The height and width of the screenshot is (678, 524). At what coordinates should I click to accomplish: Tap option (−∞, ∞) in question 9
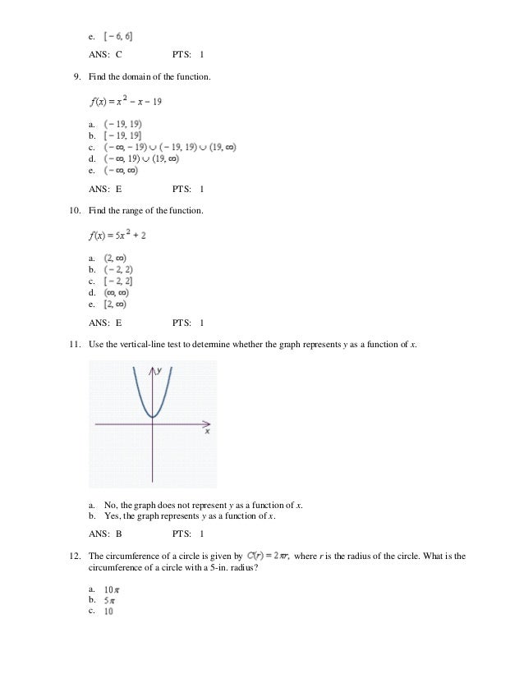pos(121,171)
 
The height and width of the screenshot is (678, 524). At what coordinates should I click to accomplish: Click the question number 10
pos(75,211)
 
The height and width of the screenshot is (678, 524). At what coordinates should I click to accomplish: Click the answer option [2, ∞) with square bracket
pos(114,305)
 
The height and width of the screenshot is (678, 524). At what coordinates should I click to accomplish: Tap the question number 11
pos(75,344)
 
